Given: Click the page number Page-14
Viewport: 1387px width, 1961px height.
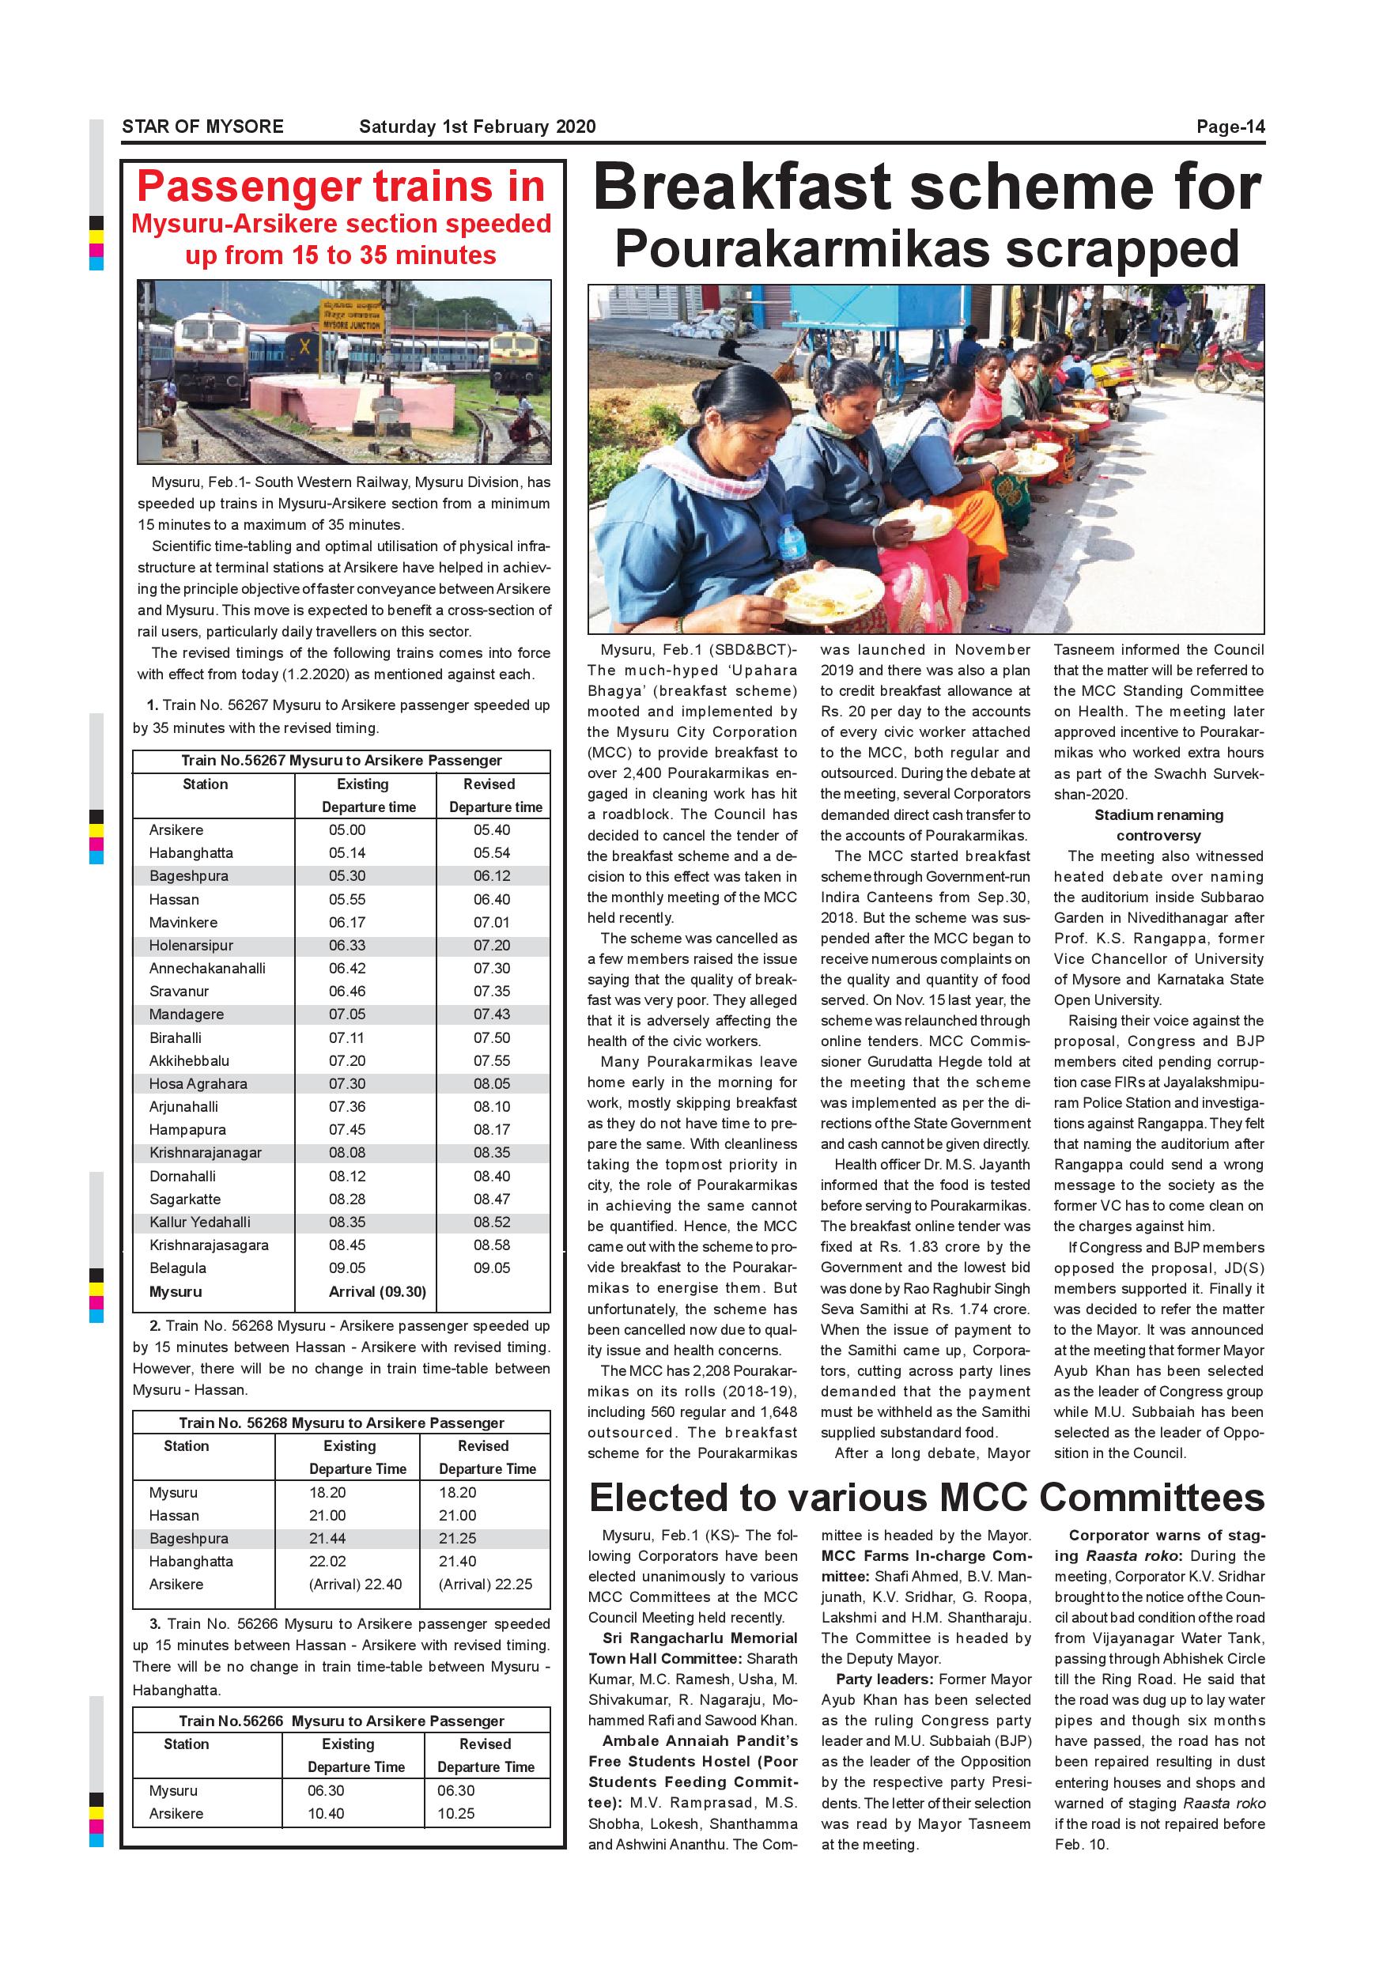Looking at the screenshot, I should pos(1230,127).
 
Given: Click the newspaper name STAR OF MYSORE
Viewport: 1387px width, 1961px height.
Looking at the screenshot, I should pos(202,127).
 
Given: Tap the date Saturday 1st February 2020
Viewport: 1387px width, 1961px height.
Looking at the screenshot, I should pos(477,127).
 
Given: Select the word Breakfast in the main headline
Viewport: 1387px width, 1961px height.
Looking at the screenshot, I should pos(768,187).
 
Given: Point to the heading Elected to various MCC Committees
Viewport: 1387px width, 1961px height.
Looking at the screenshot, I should pos(926,1498).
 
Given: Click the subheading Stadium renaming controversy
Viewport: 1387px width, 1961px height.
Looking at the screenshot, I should pos(1158,825).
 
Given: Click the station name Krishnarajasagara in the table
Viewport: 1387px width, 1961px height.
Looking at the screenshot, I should pos(209,1245).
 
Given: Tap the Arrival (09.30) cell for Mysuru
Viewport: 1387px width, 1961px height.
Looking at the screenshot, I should pos(376,1291).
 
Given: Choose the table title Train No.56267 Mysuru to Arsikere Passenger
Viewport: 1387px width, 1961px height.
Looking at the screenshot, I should pos(341,760).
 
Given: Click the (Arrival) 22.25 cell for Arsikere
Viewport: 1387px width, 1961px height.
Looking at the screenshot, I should pos(484,1585).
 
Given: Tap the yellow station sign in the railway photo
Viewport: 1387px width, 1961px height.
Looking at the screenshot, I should pos(351,316).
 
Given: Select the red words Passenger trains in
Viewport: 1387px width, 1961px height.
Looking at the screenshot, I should pos(341,186).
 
